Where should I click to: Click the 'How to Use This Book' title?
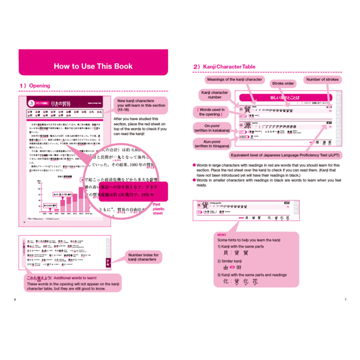click(x=93, y=66)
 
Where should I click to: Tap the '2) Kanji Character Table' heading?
click(x=224, y=67)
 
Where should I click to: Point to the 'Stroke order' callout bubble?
click(x=283, y=84)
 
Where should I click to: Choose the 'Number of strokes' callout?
click(x=322, y=80)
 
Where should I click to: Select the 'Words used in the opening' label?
click(x=210, y=112)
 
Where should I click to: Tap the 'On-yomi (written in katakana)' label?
click(x=210, y=128)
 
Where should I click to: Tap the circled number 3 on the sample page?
click(x=32, y=103)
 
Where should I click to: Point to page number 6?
click(x=14, y=300)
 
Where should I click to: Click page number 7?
click(x=345, y=300)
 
